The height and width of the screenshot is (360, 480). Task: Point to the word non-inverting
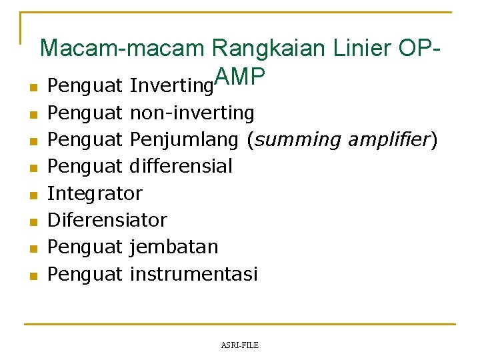click(192, 113)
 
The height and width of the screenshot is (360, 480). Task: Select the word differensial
click(181, 167)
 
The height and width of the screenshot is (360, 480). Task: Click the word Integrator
click(95, 193)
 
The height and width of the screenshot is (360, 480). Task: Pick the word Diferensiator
click(107, 220)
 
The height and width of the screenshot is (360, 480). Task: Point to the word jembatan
click(174, 247)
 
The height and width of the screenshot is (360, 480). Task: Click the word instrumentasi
click(193, 273)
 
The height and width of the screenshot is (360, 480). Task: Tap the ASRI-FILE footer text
click(239, 345)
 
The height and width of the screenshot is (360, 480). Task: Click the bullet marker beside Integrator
click(31, 195)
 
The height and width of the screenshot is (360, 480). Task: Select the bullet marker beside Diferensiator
click(31, 222)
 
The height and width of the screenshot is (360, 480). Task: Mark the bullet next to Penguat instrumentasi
click(31, 275)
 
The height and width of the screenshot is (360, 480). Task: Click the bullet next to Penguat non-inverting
click(31, 115)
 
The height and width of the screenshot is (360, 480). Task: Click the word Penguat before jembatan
click(85, 247)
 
